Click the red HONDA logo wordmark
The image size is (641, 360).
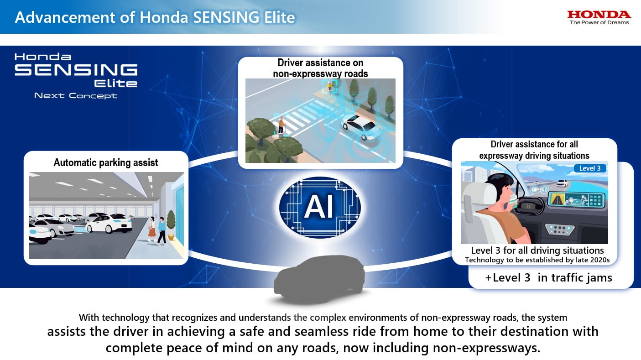[599, 14]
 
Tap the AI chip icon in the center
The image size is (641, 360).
[320, 207]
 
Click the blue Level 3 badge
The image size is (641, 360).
[590, 168]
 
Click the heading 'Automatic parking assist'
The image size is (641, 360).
[106, 162]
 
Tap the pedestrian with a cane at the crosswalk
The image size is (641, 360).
[281, 125]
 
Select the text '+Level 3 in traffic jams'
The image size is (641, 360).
[548, 277]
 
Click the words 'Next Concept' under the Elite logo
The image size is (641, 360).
[76, 95]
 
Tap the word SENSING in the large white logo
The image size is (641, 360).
[76, 70]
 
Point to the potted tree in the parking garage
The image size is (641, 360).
[171, 225]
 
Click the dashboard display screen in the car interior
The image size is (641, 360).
[576, 199]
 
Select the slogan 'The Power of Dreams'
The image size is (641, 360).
[599, 22]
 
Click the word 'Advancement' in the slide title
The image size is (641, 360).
[65, 17]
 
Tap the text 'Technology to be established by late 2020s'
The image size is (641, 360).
[537, 260]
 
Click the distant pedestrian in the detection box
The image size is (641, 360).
[329, 86]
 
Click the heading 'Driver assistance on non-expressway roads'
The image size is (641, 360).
[320, 68]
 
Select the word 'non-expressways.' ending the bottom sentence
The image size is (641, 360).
[486, 348]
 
